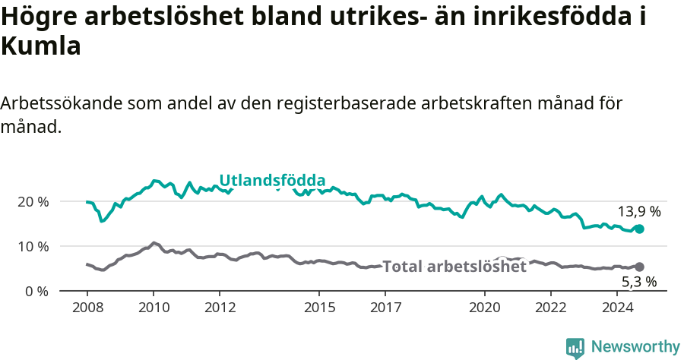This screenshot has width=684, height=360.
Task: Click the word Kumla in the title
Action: tap(41, 47)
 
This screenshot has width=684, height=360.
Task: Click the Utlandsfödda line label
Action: tap(272, 181)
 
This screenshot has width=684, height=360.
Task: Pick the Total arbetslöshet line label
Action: tap(454, 267)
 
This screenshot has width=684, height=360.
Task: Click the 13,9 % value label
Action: tap(639, 212)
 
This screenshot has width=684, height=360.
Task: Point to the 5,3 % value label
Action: tap(639, 282)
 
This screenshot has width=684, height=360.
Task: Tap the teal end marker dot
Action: tap(640, 229)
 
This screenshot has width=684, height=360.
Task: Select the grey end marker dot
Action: tap(640, 267)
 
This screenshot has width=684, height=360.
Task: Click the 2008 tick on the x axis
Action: tap(87, 308)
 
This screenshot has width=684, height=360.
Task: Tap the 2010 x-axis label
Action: tap(153, 308)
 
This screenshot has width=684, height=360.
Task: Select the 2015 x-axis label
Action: tap(318, 308)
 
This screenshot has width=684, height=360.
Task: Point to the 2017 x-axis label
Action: tap(385, 308)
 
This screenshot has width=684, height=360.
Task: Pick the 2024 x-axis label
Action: tap(617, 308)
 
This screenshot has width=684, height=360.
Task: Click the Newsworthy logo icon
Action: tap(575, 348)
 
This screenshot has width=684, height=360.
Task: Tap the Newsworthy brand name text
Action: tap(635, 347)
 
